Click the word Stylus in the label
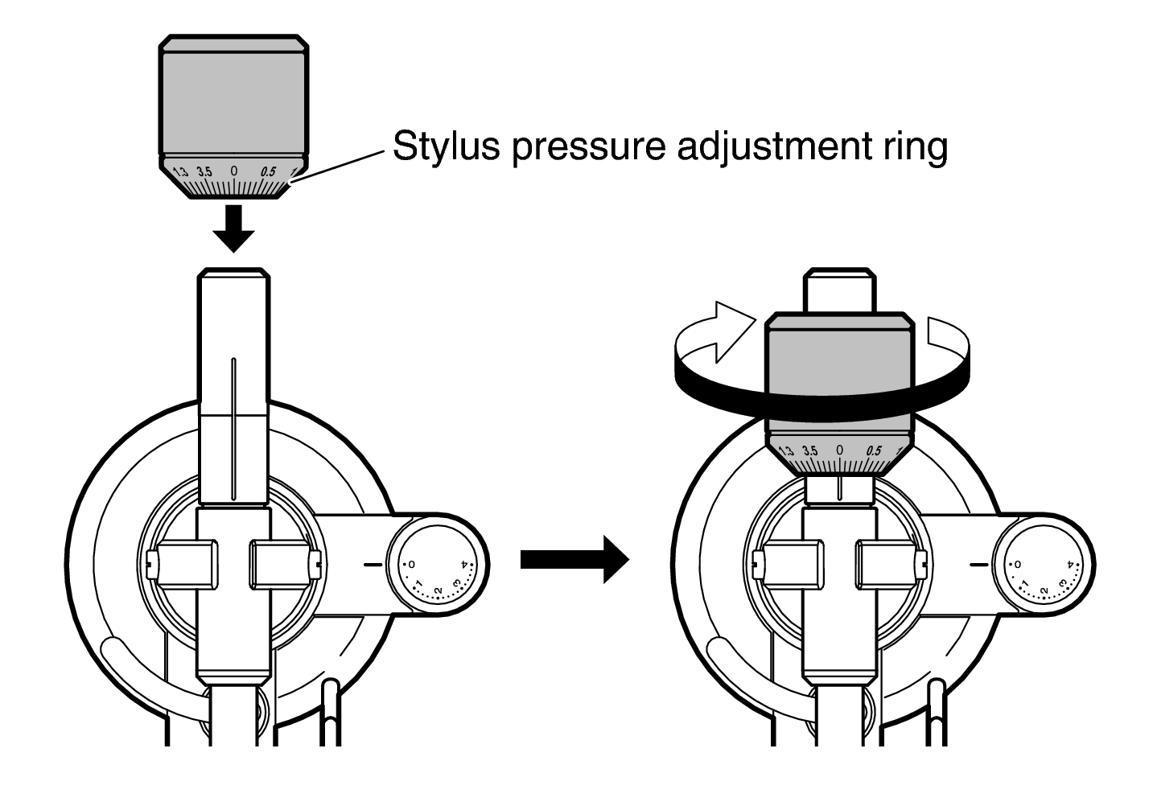coord(446,146)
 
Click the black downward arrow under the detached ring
coord(233,228)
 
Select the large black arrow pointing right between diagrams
coord(574,560)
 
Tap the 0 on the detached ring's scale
coord(233,171)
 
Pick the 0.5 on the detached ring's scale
coord(268,171)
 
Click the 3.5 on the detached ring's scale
coord(204,172)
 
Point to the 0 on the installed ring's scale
coord(839,450)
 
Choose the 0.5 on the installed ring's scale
coord(874,451)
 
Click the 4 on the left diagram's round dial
coord(465,564)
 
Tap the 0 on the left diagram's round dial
coord(411,565)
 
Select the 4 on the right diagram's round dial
coord(1071,564)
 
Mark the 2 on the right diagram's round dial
coord(1044,590)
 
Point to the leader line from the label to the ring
coord(338,167)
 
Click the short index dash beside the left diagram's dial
coord(373,565)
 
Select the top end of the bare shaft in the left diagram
coord(233,269)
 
